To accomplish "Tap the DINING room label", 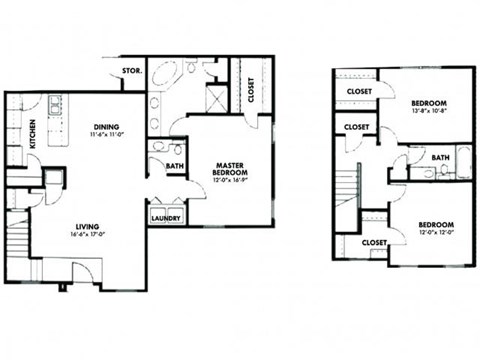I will [x=105, y=127].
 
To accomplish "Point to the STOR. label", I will [x=130, y=72].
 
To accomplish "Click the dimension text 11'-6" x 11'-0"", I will [x=106, y=135].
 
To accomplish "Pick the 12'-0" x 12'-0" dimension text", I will [x=436, y=233].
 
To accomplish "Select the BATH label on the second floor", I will [x=440, y=157].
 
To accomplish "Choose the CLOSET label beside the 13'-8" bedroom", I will [x=359, y=91].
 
